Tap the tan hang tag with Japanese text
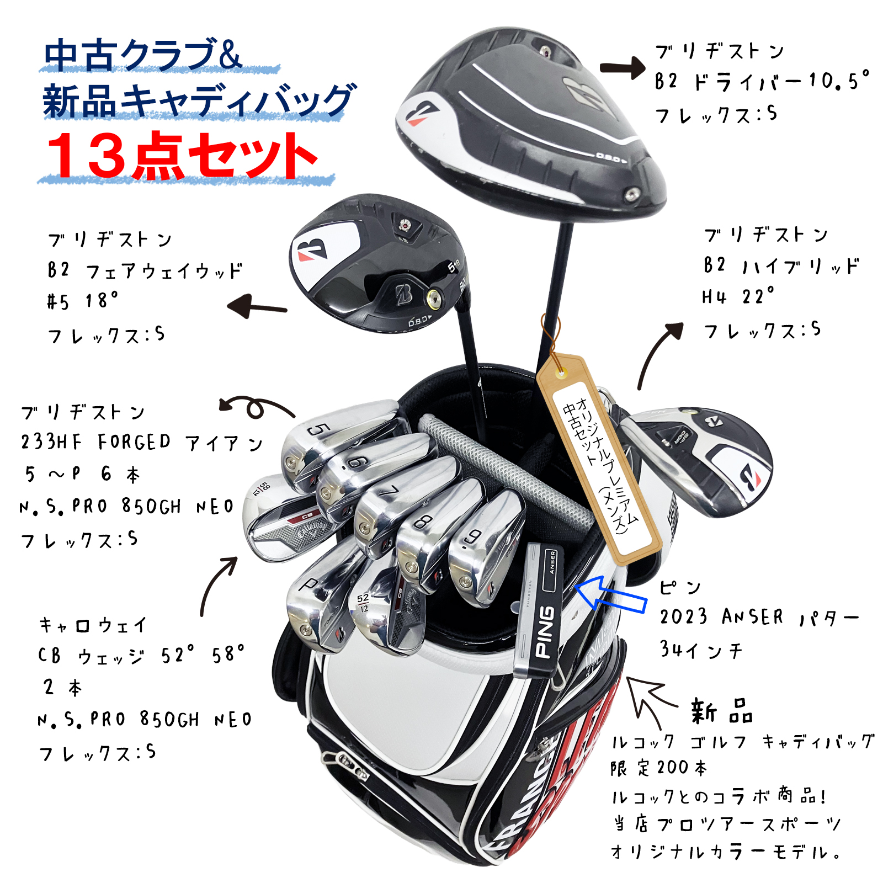coord(599,458)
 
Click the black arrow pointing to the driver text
coord(623,68)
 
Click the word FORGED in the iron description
coord(134,442)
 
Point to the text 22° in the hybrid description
coord(759,296)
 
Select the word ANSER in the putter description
coord(752,616)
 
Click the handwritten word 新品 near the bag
coord(721,711)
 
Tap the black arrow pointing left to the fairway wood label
coord(257,307)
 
